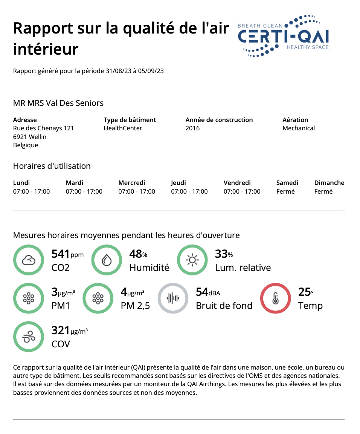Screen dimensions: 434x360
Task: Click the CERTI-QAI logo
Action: tap(283, 36)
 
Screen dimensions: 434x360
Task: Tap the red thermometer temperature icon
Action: tap(275, 298)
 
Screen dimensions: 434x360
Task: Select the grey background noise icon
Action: tap(172, 298)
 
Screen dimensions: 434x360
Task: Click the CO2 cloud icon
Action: tap(28, 260)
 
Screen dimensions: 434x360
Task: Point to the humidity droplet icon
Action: tap(106, 260)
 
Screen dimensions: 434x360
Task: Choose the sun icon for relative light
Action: tap(192, 260)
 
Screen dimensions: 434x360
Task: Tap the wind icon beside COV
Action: tap(28, 337)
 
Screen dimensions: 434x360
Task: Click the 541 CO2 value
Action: tap(60, 254)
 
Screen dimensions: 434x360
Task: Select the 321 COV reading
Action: tap(61, 331)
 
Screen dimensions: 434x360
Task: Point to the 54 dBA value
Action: tap(202, 292)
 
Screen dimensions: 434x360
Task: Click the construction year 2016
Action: tap(192, 128)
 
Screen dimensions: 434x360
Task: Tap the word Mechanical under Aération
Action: tap(299, 128)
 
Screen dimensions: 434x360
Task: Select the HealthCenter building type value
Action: tap(123, 128)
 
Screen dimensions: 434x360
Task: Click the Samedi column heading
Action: tap(287, 183)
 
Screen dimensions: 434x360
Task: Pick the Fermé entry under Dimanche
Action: tap(323, 191)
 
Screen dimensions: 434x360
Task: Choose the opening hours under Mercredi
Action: tap(137, 191)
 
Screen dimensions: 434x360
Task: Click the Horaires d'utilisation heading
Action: tap(52, 166)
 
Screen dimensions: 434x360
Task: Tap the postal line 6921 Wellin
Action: tap(30, 137)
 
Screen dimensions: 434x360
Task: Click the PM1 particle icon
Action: tap(28, 298)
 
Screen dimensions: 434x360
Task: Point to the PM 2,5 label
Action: tap(135, 306)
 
